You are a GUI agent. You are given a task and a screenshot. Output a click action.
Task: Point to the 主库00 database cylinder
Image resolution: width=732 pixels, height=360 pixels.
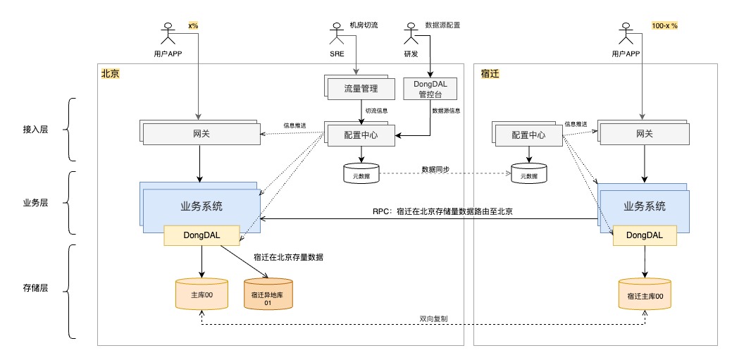tap(201, 294)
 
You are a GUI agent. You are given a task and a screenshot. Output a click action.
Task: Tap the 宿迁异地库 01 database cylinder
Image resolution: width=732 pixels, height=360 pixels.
tap(268, 294)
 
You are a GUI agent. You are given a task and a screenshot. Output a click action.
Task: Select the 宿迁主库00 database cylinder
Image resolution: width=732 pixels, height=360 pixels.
tap(645, 294)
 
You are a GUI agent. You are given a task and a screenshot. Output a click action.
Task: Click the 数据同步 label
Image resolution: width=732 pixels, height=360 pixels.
tap(435, 169)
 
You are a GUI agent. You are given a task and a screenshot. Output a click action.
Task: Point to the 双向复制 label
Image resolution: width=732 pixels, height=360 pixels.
tap(433, 319)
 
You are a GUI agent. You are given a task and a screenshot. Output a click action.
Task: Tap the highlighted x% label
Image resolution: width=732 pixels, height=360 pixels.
tap(193, 25)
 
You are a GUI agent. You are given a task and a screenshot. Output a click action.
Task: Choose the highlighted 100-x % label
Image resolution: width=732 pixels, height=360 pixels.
tap(664, 25)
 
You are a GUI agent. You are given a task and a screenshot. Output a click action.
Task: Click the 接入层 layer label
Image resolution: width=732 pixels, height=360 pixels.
tap(35, 130)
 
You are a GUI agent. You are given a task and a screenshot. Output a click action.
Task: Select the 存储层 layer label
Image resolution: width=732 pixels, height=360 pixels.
tap(35, 287)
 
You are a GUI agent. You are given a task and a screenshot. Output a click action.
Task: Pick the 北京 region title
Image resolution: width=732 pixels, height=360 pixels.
tap(110, 73)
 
